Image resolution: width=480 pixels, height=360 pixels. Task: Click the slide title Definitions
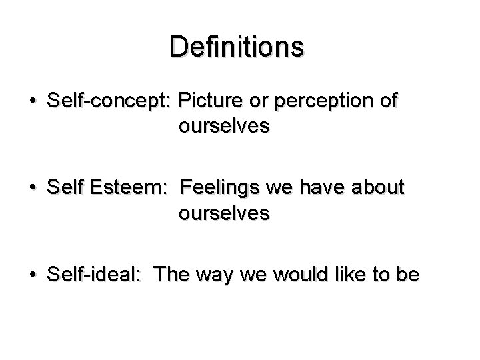point(237,47)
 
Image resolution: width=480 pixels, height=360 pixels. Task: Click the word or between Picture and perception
point(260,102)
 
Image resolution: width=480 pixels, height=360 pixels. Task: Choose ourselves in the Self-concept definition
point(224,127)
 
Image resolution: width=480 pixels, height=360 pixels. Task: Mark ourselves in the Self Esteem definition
point(224,213)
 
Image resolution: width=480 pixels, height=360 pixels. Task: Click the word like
point(353,275)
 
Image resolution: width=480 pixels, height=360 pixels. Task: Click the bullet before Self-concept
point(32,102)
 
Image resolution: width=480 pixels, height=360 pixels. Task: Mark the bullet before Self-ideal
point(32,275)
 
